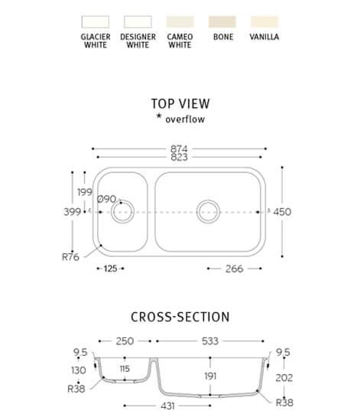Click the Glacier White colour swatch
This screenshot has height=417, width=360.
point(96,22)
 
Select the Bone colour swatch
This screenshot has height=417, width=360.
point(222,22)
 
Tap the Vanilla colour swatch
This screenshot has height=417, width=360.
point(264,22)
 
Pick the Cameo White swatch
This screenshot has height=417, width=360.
point(180,22)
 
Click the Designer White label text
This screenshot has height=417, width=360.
point(138,41)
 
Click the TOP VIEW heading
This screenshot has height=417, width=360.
point(180,104)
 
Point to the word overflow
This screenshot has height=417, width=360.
point(185,119)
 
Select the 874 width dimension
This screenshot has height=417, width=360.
point(179,148)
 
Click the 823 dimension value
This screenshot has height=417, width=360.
point(179,157)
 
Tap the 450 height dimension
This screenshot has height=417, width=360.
point(282,212)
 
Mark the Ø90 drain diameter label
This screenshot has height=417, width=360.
point(106,199)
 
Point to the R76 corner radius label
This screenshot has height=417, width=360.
point(70,257)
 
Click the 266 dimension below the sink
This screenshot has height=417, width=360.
point(235,269)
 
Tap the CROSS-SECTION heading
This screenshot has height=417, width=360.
point(180,317)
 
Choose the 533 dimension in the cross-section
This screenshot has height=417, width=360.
point(210,341)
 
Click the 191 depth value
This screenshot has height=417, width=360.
point(210,376)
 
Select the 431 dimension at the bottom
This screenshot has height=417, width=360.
point(167,406)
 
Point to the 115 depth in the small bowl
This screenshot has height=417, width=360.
point(125,369)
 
